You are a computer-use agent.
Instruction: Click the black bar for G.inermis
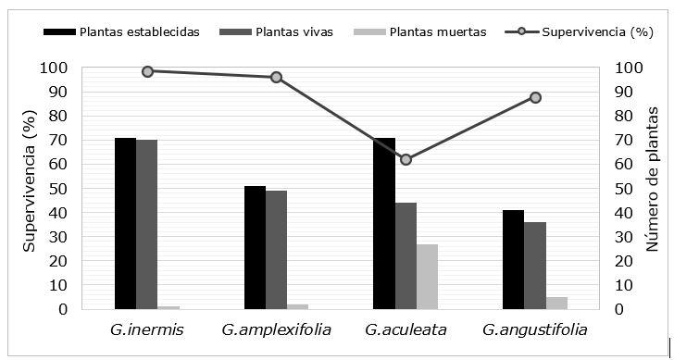pyautogui.click(x=125, y=223)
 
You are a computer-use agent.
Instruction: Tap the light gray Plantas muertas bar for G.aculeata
pyautogui.click(x=427, y=277)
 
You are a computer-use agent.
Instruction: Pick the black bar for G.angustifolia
pyautogui.click(x=513, y=259)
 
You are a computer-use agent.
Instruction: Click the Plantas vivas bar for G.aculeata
pyautogui.click(x=406, y=255)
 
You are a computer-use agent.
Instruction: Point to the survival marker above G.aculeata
pyautogui.click(x=406, y=159)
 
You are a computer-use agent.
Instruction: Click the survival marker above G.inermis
pyautogui.click(x=147, y=71)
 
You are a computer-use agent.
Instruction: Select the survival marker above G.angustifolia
pyautogui.click(x=535, y=97)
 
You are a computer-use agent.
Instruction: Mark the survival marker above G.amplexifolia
pyautogui.click(x=276, y=77)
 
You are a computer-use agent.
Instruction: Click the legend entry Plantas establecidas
pyautogui.click(x=139, y=32)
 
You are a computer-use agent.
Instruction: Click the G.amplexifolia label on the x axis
pyautogui.click(x=275, y=329)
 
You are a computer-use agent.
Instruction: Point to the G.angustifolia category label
pyautogui.click(x=535, y=329)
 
